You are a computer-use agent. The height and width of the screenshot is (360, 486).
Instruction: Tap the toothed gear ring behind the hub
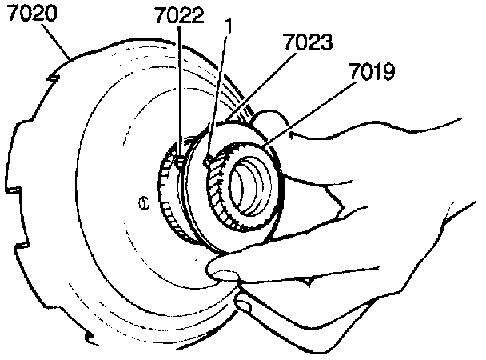click(x=169, y=196)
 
